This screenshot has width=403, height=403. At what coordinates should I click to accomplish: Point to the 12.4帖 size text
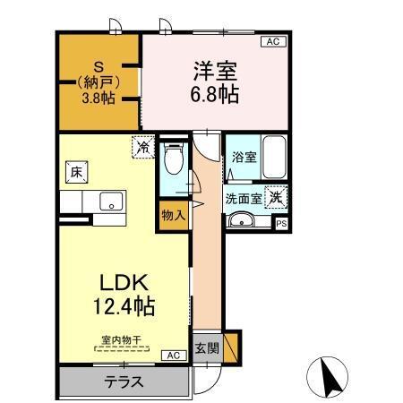coord(124,307)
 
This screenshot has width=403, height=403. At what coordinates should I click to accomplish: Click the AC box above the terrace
coord(171,356)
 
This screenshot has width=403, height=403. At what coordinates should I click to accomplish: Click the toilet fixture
coord(174,160)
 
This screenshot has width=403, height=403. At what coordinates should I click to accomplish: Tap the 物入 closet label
coord(172,215)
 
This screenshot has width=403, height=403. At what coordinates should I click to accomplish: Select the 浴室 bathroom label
coord(244,157)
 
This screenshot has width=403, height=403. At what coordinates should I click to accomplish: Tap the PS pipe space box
coord(281,224)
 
